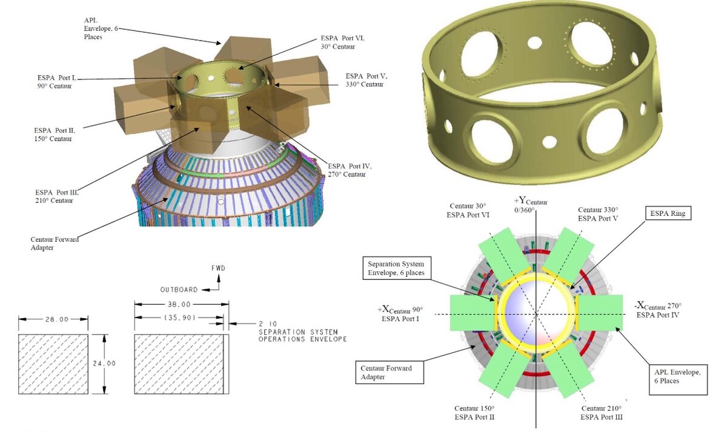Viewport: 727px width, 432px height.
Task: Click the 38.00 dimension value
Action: pos(179,304)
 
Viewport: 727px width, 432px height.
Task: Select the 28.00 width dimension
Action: pos(57,319)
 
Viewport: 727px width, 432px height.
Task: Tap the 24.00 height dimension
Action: pos(104,364)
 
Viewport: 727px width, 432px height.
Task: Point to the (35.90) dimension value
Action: pos(179,317)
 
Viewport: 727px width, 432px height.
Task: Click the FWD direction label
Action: pos(218,268)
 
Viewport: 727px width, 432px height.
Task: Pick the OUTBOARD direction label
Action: pos(179,290)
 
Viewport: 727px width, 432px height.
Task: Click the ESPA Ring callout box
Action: pos(668,213)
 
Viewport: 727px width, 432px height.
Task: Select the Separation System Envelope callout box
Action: pos(396,268)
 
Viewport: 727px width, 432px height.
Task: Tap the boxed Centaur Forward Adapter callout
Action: pos(390,372)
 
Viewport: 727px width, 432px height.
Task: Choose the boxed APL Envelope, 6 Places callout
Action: pos(678,379)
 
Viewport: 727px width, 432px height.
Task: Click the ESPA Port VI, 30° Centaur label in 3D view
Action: pos(342,42)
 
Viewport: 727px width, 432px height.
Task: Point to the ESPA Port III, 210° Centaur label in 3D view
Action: pos(57,196)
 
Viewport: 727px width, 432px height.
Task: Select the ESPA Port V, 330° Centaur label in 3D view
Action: pos(366,80)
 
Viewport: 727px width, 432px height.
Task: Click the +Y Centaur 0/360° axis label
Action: pos(530,205)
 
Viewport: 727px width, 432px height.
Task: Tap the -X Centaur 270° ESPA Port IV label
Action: pos(657,310)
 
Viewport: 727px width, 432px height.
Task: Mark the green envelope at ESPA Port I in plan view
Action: pos(472,313)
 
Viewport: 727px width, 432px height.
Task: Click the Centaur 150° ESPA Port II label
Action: pos(474,413)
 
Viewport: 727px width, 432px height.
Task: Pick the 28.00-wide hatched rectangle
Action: pos(53,364)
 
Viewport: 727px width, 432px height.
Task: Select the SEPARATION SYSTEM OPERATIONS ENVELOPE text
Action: pos(303,336)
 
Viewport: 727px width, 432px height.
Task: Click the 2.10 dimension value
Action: pos(268,324)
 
